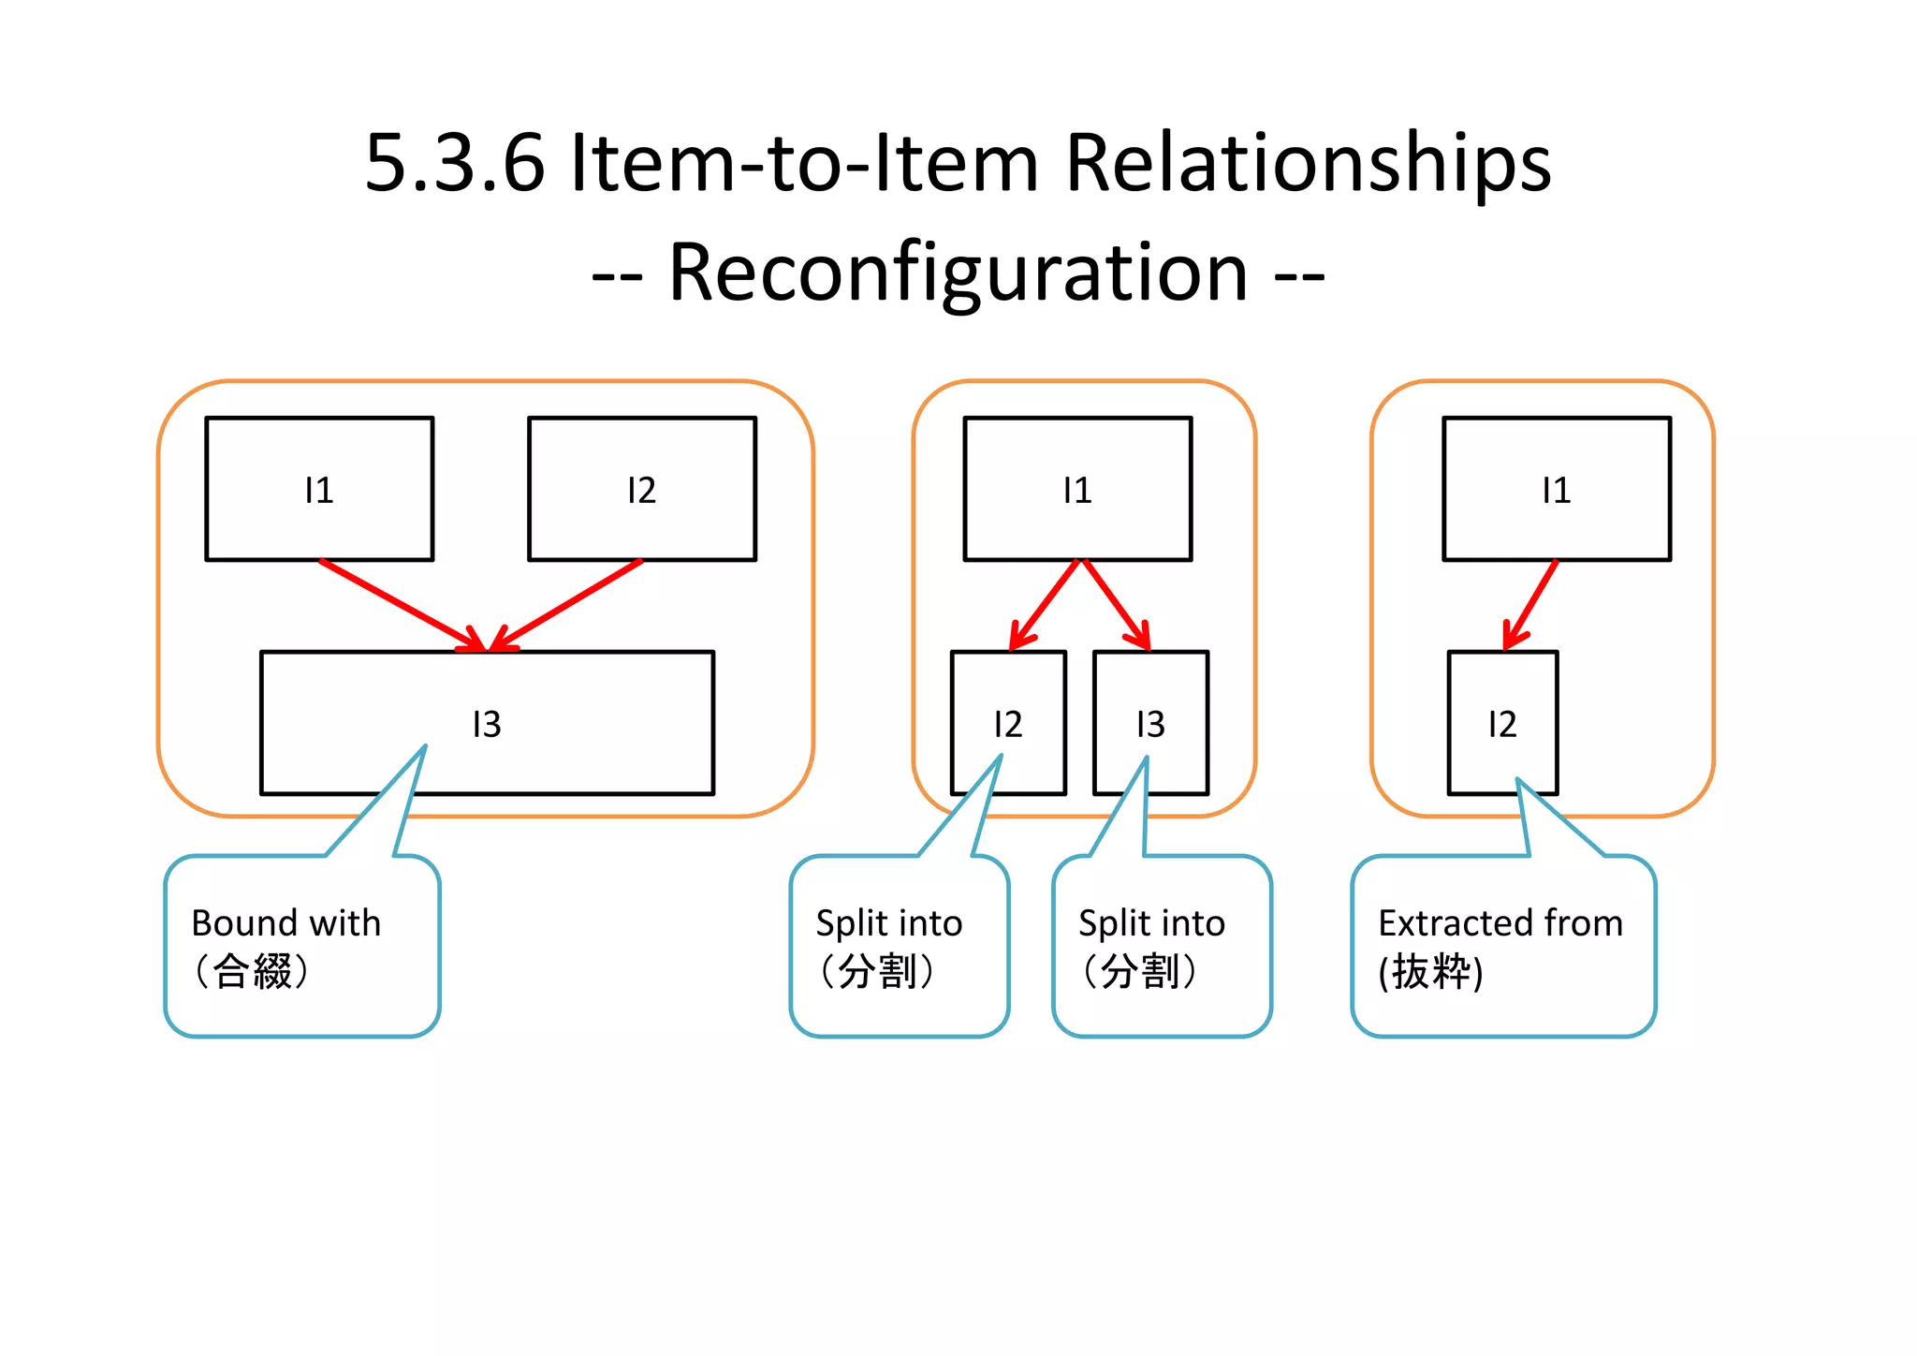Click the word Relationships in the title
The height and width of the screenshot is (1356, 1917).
pyautogui.click(x=1308, y=164)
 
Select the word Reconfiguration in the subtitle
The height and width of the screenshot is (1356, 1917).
pyautogui.click(x=958, y=273)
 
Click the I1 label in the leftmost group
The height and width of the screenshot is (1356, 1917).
pyautogui.click(x=318, y=490)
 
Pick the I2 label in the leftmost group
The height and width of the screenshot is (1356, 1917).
pyautogui.click(x=641, y=490)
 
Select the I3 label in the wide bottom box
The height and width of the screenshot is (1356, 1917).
pyautogui.click(x=487, y=724)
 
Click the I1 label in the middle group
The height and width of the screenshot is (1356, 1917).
pyautogui.click(x=1077, y=490)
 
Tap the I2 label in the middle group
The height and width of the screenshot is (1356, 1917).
pyautogui.click(x=1008, y=724)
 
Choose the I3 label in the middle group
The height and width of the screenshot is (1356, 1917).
pyautogui.click(x=1150, y=724)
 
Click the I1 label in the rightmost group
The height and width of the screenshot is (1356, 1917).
pyautogui.click(x=1556, y=490)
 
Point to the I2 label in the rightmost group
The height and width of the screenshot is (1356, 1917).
pyautogui.click(x=1501, y=724)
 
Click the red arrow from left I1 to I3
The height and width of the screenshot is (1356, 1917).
pyautogui.click(x=402, y=604)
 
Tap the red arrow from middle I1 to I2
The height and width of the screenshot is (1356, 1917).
pyautogui.click(x=1046, y=604)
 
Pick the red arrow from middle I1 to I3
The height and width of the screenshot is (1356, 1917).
pyautogui.click(x=1115, y=604)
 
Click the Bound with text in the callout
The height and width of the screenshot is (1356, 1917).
pyautogui.click(x=286, y=923)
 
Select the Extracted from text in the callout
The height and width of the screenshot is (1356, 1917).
pyautogui.click(x=1500, y=923)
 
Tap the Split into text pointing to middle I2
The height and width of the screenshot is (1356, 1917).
pyautogui.click(x=889, y=923)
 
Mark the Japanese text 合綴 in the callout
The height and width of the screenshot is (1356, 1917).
pyautogui.click(x=252, y=971)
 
